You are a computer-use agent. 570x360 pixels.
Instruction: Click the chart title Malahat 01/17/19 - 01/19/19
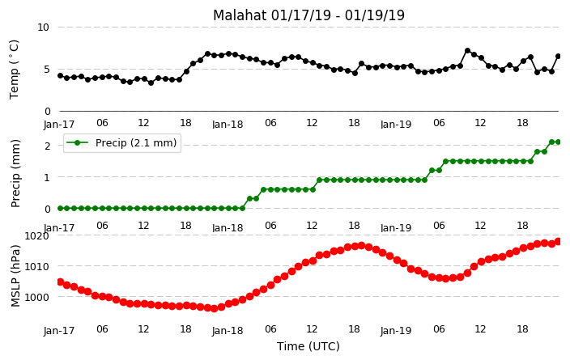(x=308, y=15)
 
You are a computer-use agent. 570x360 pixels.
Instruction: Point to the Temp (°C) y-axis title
(x=14, y=70)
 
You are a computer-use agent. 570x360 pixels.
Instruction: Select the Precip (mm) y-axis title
(x=15, y=173)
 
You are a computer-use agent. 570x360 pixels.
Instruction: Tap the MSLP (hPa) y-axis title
(x=15, y=276)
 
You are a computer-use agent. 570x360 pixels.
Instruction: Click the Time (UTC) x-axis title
(x=308, y=346)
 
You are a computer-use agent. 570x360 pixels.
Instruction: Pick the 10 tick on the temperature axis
(x=43, y=28)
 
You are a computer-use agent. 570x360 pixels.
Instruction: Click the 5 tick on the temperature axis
(x=46, y=70)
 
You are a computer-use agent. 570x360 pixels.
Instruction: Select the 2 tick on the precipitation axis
(x=47, y=146)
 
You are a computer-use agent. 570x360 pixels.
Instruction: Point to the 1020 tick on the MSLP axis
(x=36, y=236)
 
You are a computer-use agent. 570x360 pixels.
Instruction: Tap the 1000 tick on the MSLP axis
(x=36, y=297)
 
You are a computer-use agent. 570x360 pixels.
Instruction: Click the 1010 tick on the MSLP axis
(x=36, y=267)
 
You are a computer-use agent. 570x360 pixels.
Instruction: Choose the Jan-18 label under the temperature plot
(x=228, y=125)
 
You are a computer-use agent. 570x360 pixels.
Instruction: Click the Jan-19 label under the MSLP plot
(x=396, y=331)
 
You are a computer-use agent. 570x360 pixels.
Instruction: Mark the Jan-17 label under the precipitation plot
(x=59, y=228)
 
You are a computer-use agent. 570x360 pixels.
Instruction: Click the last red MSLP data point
(x=559, y=242)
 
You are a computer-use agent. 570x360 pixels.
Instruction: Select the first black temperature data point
(x=61, y=75)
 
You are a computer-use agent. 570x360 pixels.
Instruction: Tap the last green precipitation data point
(x=559, y=142)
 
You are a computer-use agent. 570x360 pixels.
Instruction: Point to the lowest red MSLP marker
(x=214, y=308)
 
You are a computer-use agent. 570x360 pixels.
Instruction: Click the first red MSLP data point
(x=61, y=282)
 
